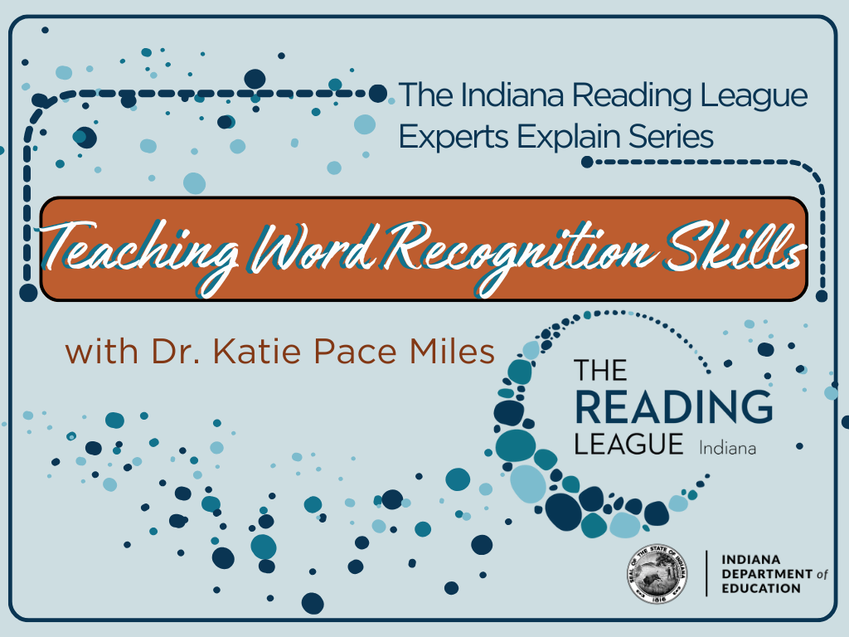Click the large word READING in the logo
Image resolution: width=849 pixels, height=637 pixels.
673,406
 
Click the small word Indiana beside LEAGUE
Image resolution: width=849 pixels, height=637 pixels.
727,448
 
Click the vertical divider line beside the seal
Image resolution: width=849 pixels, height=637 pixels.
706,573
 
